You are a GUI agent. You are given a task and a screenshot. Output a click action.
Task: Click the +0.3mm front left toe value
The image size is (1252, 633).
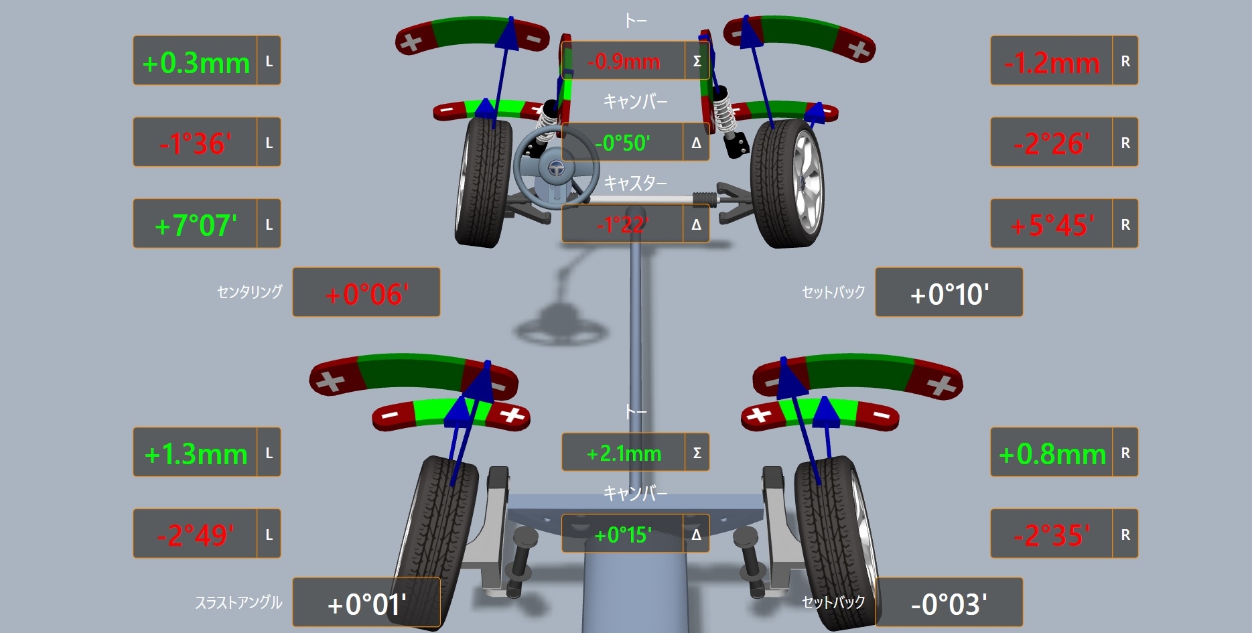pyautogui.click(x=196, y=63)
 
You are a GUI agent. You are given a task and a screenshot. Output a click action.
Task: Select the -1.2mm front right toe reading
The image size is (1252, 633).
pyautogui.click(x=1052, y=64)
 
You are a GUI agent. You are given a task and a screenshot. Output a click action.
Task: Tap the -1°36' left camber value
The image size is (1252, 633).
pyautogui.click(x=196, y=144)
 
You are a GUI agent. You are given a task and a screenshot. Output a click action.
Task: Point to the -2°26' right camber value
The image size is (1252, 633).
pyautogui.click(x=1052, y=144)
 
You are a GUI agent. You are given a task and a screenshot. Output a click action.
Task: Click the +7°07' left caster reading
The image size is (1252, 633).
pyautogui.click(x=196, y=226)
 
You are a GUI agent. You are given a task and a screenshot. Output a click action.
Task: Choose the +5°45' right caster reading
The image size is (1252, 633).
pyautogui.click(x=1052, y=226)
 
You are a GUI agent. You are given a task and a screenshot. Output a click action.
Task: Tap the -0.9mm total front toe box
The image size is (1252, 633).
pyautogui.click(x=624, y=62)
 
